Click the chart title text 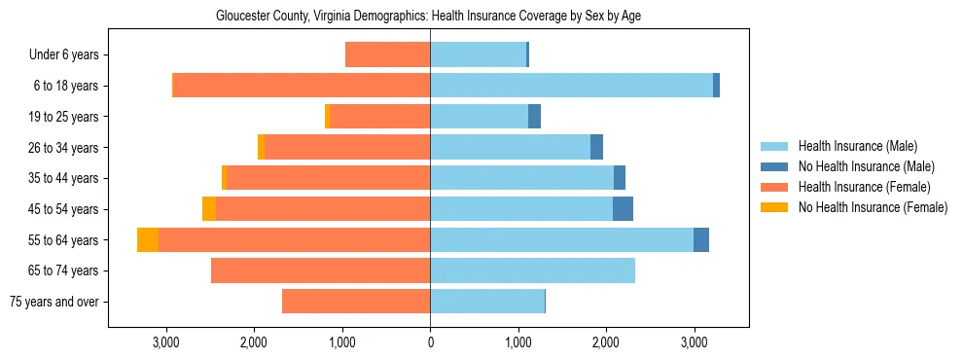428,16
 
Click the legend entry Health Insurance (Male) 857,146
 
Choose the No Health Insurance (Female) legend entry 873,207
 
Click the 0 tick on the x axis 430,342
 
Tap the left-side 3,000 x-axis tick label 166,342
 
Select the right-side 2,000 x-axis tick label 606,342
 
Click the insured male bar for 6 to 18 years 571,86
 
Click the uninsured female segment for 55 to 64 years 148,240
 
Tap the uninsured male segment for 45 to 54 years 623,209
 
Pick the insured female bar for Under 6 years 387,55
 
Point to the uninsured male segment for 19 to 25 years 534,117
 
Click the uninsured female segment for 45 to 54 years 209,209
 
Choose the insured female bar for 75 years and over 356,302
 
